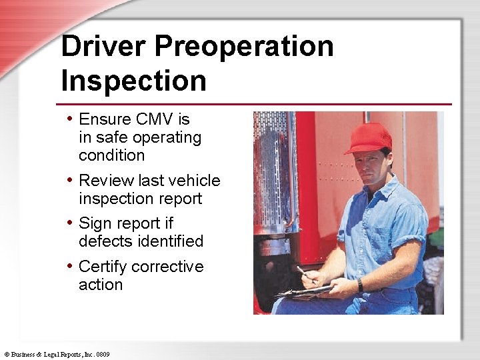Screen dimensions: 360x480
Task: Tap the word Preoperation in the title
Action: click(x=245, y=47)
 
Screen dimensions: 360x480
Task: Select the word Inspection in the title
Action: click(x=133, y=81)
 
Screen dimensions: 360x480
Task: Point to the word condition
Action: click(x=111, y=156)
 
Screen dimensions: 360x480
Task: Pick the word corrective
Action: click(x=167, y=267)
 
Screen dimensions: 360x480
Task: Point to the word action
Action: click(x=101, y=285)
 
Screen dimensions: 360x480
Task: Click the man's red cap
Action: click(x=368, y=138)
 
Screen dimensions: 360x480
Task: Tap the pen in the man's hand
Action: click(x=303, y=272)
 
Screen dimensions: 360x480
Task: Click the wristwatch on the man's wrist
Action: click(x=360, y=285)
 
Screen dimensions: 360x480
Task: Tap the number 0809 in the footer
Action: click(x=103, y=354)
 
